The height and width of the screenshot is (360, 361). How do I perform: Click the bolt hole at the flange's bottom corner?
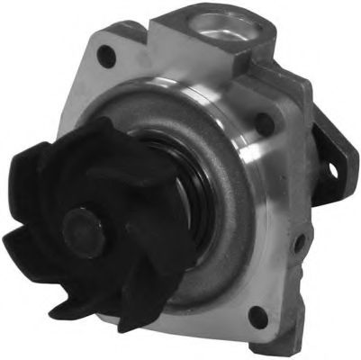[258, 318]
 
